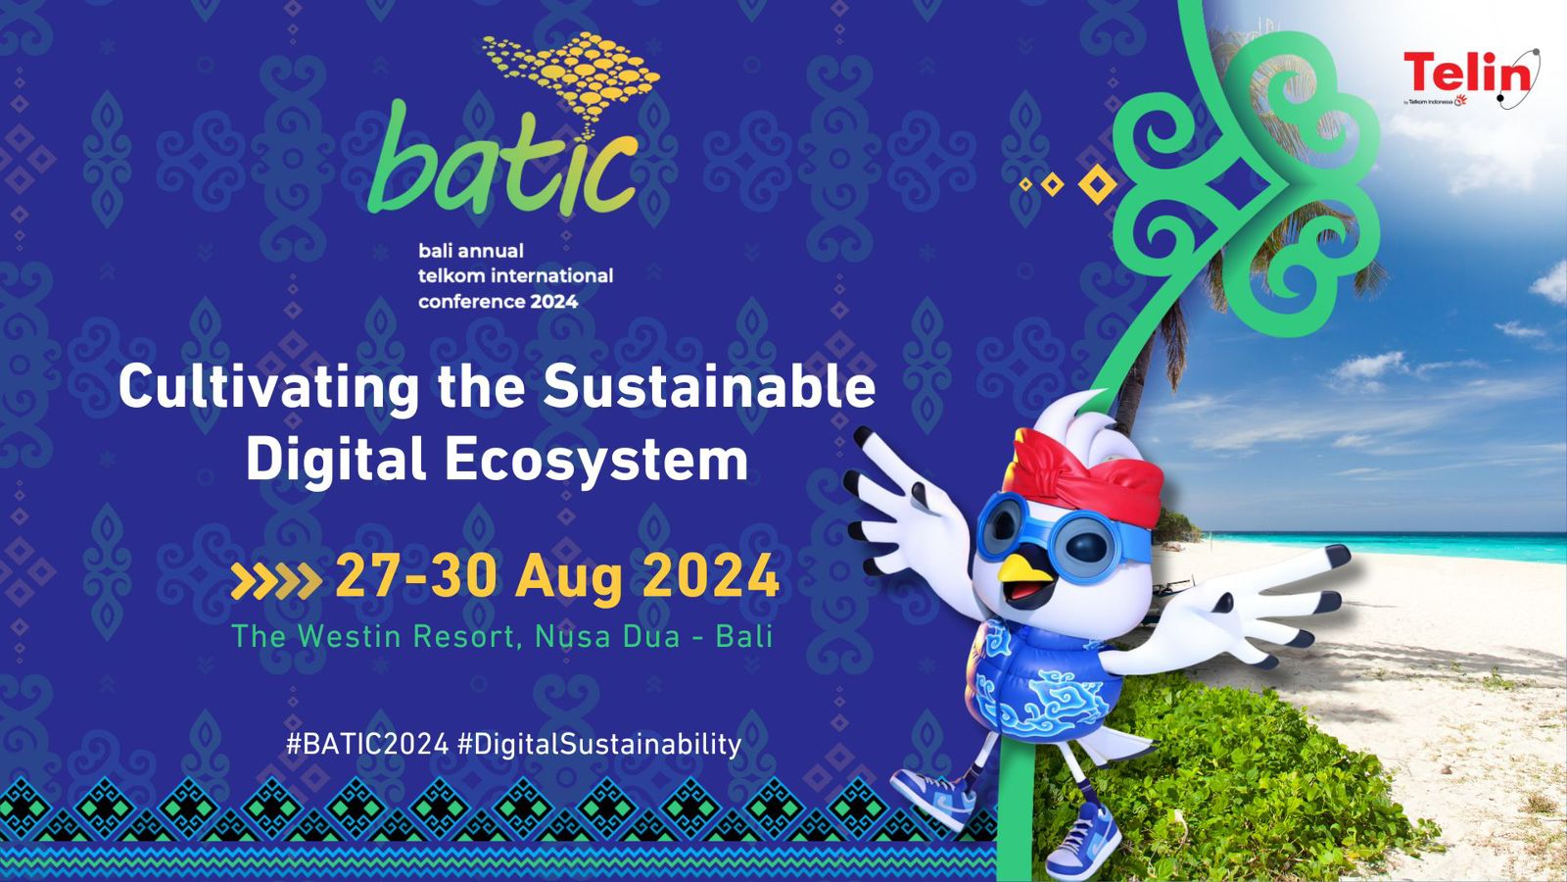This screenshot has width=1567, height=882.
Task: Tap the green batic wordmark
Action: pos(503,160)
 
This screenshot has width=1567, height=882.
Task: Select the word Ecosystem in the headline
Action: pos(596,460)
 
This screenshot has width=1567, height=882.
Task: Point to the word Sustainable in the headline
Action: pos(709,386)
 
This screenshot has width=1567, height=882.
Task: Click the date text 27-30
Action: pos(416,576)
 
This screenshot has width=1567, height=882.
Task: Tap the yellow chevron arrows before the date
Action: pos(276,580)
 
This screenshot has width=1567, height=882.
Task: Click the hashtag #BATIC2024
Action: pos(367,744)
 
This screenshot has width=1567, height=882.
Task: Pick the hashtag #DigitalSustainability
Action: pos(598,744)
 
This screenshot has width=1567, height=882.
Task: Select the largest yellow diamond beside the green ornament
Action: pos(1097,184)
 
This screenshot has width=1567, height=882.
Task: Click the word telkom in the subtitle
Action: pos(451,275)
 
